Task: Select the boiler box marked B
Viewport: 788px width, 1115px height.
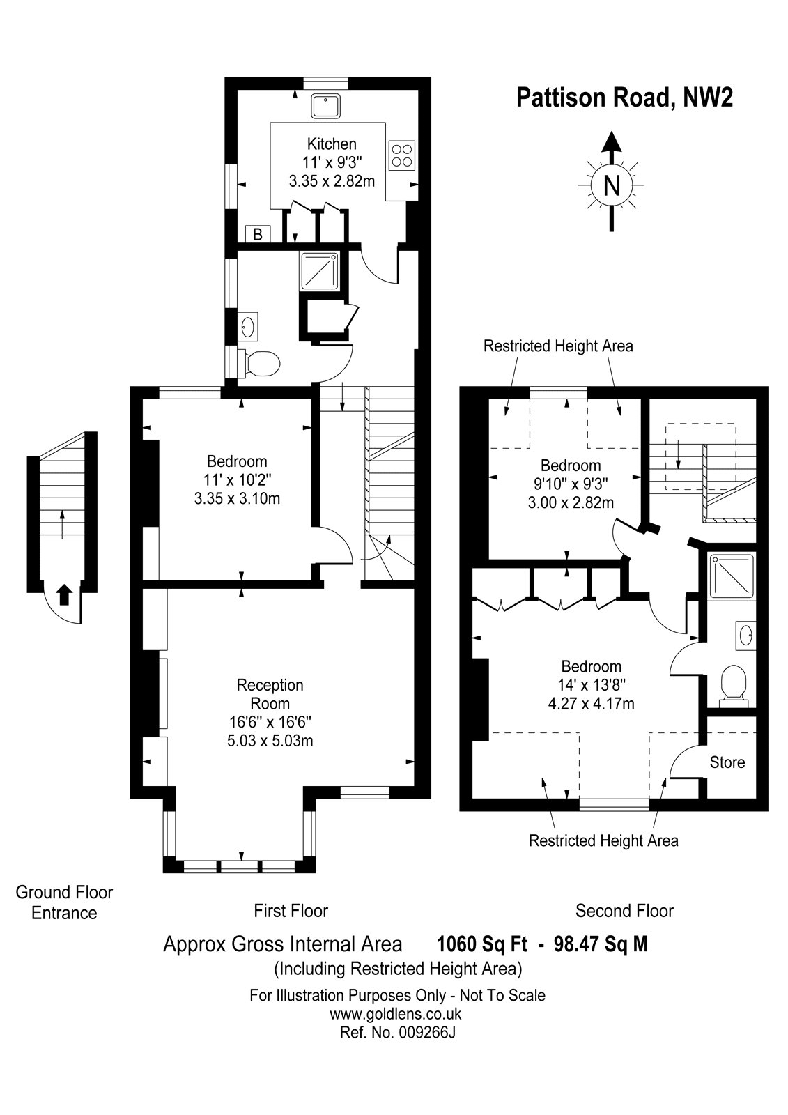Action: point(258,233)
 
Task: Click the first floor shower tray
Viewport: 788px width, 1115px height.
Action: point(320,271)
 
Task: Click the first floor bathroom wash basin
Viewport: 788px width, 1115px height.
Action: point(248,327)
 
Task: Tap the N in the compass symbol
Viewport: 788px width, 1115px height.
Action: point(611,185)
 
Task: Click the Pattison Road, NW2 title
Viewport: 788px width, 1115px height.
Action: point(624,97)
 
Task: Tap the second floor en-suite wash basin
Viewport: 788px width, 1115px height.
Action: point(745,635)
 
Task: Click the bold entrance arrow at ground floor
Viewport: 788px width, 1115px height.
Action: point(63,594)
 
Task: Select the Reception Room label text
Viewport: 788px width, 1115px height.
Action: point(270,694)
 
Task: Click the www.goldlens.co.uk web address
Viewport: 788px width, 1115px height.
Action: point(396,1014)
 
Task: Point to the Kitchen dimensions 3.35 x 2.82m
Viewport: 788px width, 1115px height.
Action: point(332,180)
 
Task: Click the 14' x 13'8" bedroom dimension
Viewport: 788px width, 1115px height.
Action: point(591,685)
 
